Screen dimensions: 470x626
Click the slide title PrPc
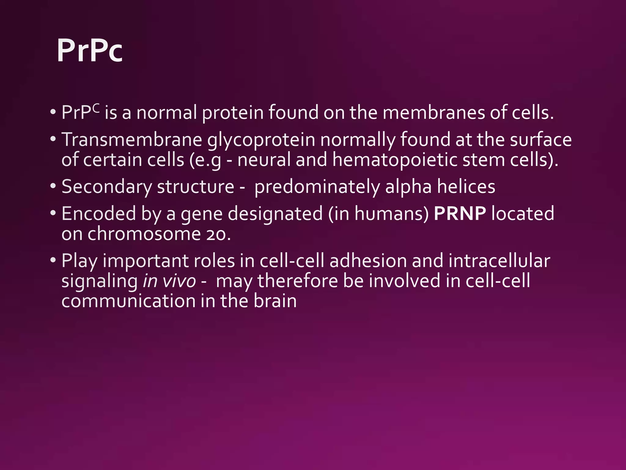coord(90,51)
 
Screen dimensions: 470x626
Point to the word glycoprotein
coord(261,140)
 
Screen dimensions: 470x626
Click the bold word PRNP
coord(460,213)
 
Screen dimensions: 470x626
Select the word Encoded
coord(98,213)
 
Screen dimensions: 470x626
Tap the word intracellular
coord(499,261)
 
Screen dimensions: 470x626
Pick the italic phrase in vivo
coord(169,281)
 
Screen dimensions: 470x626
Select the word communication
coord(128,301)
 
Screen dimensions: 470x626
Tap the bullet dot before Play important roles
coord(53,260)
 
